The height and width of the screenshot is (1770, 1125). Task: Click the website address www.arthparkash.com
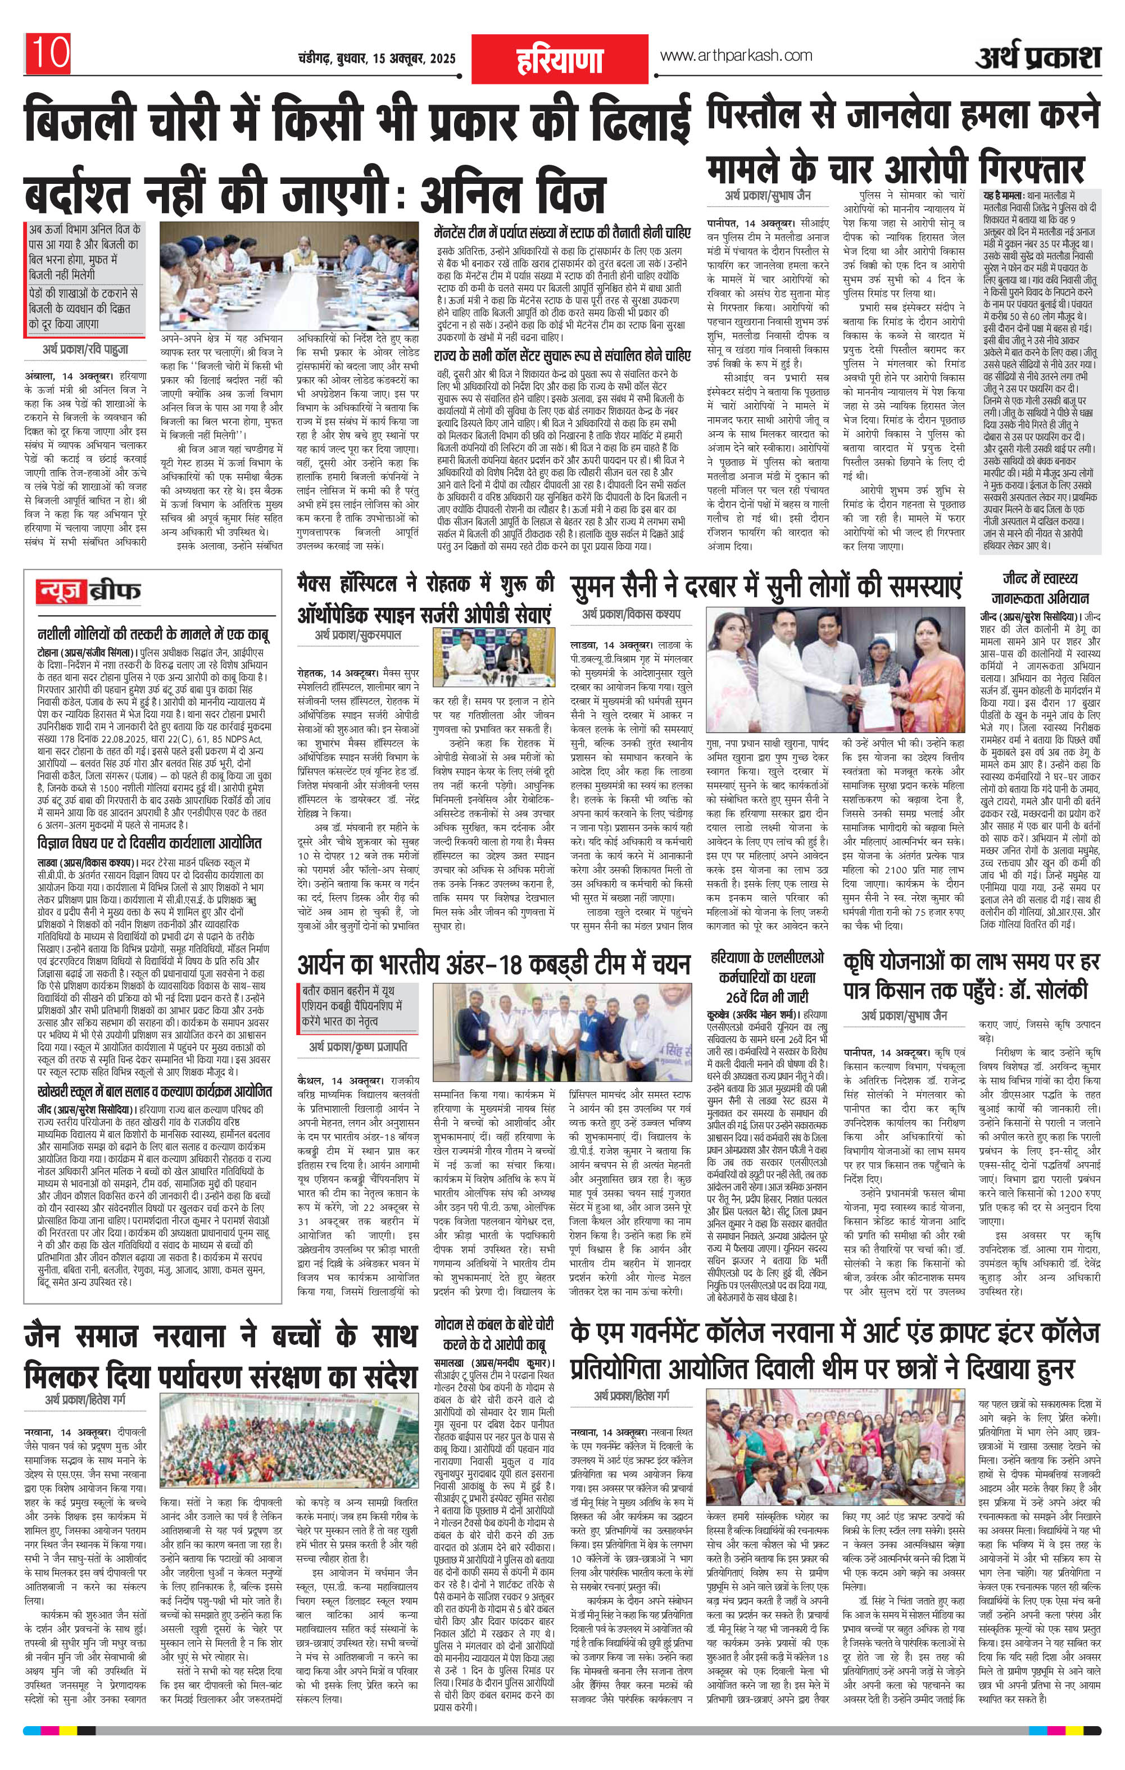736,56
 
